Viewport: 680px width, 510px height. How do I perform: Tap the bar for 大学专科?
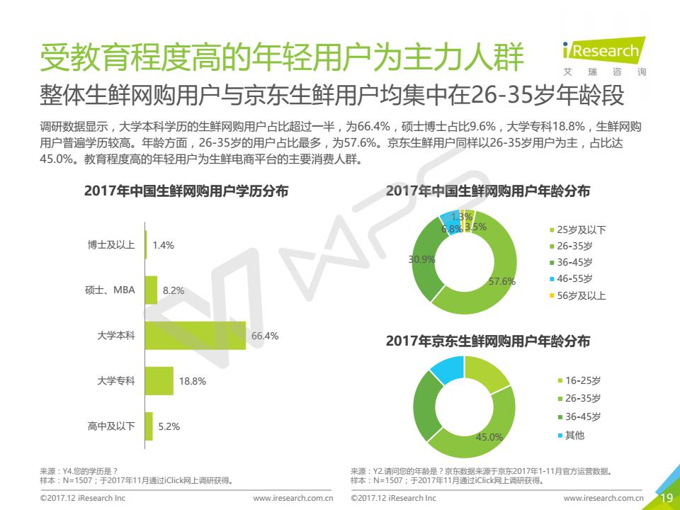click(159, 381)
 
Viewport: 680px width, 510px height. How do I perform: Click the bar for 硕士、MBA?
click(151, 290)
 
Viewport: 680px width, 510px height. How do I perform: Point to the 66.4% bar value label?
click(265, 336)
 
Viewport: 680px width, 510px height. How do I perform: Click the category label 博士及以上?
click(111, 245)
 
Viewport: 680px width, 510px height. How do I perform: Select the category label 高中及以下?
click(111, 426)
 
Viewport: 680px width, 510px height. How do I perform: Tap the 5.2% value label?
click(169, 426)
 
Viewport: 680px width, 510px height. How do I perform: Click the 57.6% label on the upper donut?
click(502, 281)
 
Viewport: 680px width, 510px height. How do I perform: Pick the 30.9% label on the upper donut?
click(421, 259)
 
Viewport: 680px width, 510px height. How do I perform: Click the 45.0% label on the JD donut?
click(489, 437)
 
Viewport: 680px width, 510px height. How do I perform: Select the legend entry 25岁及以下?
click(581, 230)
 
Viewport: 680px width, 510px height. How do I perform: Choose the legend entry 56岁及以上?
click(581, 296)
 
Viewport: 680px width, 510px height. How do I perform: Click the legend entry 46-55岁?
click(574, 279)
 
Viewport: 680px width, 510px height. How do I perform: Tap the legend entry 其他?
click(574, 435)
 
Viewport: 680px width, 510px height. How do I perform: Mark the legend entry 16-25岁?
click(582, 381)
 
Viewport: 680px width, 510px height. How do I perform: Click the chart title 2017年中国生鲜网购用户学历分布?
click(186, 191)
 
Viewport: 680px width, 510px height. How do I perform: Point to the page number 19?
click(667, 498)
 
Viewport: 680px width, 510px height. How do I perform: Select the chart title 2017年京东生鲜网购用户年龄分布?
click(488, 341)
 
